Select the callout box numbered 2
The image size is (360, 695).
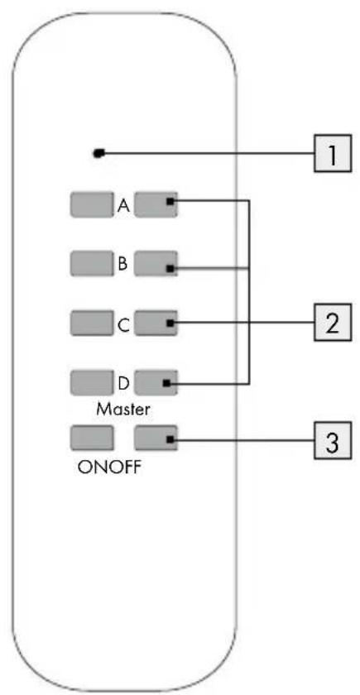click(x=333, y=322)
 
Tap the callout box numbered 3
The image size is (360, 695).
click(x=333, y=440)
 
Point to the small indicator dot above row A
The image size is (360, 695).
click(x=98, y=154)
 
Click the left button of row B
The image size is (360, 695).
click(x=91, y=264)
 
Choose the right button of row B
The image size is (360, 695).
click(x=156, y=264)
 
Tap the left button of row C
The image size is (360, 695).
click(x=91, y=324)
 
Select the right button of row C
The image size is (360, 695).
click(x=156, y=324)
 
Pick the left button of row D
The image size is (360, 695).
click(x=91, y=383)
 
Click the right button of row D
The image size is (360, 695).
click(x=156, y=383)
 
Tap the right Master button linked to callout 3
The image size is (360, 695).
click(x=156, y=439)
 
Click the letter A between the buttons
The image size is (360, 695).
click(x=123, y=205)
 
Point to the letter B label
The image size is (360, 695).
click(x=122, y=264)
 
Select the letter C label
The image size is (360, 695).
click(x=123, y=325)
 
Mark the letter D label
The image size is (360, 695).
click(x=123, y=383)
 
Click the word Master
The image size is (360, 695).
click(x=123, y=408)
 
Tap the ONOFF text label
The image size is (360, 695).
click(x=110, y=468)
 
